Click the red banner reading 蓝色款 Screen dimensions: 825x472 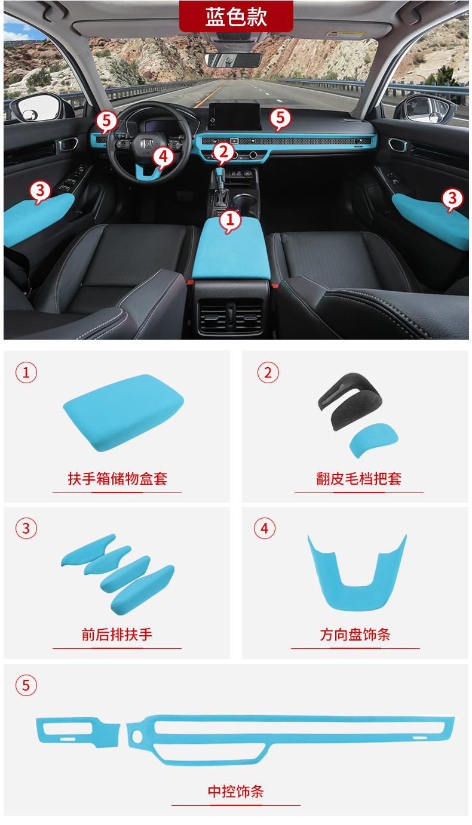tap(236, 16)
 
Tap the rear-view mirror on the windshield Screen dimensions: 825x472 tap(232, 60)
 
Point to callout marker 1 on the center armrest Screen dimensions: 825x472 tap(231, 220)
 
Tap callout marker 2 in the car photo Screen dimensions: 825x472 tap(223, 152)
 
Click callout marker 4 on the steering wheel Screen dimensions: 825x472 tap(163, 157)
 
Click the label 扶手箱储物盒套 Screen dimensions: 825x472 tap(117, 478)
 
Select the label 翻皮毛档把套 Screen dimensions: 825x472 tap(358, 478)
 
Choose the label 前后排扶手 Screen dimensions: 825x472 tap(117, 634)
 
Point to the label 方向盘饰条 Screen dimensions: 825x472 tap(355, 634)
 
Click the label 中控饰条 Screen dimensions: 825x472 tap(235, 792)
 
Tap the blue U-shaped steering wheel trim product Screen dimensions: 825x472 tap(357, 572)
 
